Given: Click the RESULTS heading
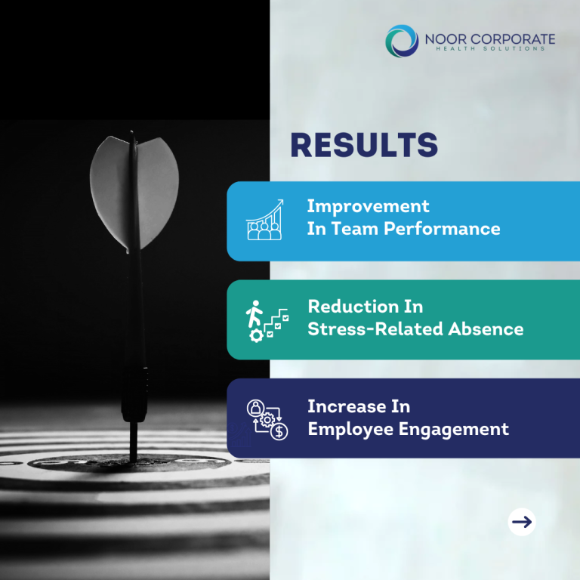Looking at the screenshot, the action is pyautogui.click(x=364, y=145).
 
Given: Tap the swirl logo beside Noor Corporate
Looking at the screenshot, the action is pyautogui.click(x=402, y=41).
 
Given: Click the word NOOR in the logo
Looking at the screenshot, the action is pyautogui.click(x=446, y=39).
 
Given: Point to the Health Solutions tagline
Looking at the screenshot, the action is pyautogui.click(x=490, y=48).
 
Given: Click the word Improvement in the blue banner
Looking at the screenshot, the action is pyautogui.click(x=368, y=206).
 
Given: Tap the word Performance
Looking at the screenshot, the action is pyautogui.click(x=442, y=229).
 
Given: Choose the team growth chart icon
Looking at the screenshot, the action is pyautogui.click(x=265, y=220).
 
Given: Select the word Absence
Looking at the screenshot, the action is pyautogui.click(x=486, y=329).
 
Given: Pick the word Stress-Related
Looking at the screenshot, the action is pyautogui.click(x=375, y=329).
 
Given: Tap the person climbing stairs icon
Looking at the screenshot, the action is pyautogui.click(x=267, y=321).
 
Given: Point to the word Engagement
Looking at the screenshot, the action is pyautogui.click(x=453, y=430).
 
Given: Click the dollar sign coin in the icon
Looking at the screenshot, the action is pyautogui.click(x=279, y=432).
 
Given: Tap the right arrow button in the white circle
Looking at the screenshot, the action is pyautogui.click(x=522, y=522).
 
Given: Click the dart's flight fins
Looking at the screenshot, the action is pyautogui.click(x=134, y=193).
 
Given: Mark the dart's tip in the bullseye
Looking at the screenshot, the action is pyautogui.click(x=133, y=461).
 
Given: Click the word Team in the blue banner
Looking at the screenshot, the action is pyautogui.click(x=355, y=229).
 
